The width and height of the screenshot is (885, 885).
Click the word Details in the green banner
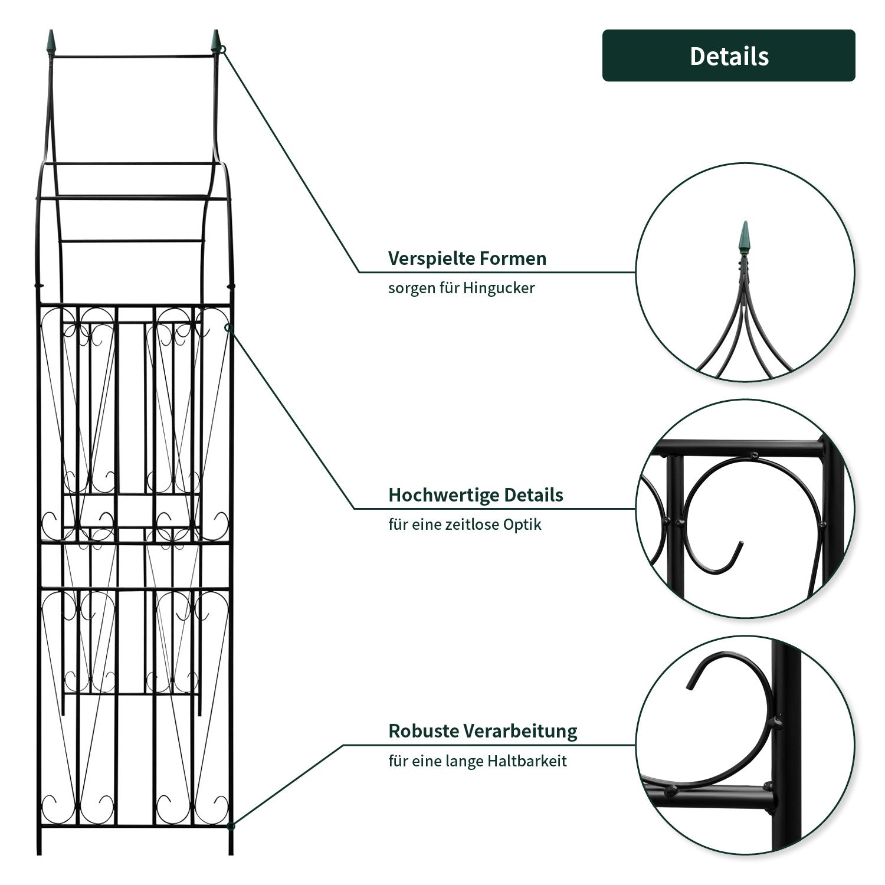[729, 56]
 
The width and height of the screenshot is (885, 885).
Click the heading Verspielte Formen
[467, 258]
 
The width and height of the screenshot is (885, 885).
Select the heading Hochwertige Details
[476, 495]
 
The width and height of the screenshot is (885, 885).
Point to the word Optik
[522, 525]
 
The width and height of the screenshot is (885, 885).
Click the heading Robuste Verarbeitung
[482, 731]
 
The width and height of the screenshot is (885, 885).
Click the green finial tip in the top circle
[745, 236]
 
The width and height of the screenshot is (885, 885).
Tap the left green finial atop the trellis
[51, 42]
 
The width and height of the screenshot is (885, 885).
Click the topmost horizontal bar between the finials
[133, 56]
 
